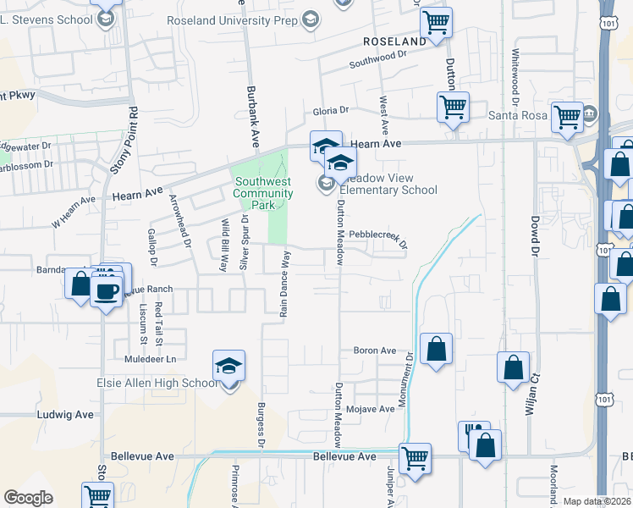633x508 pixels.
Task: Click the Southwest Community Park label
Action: click(263, 187)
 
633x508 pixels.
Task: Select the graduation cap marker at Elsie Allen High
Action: click(228, 366)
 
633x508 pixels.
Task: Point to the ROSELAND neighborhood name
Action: click(395, 41)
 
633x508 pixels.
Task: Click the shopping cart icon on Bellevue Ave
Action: click(415, 458)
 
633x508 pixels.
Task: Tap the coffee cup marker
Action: click(107, 293)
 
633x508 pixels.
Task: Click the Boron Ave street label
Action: click(375, 351)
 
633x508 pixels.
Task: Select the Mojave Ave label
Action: click(375, 408)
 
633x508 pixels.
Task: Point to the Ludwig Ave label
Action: click(65, 415)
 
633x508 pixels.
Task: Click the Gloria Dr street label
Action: click(331, 111)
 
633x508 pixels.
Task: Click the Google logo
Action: click(29, 498)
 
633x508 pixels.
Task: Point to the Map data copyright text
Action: click(597, 501)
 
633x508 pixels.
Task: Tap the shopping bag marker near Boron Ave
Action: click(436, 349)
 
